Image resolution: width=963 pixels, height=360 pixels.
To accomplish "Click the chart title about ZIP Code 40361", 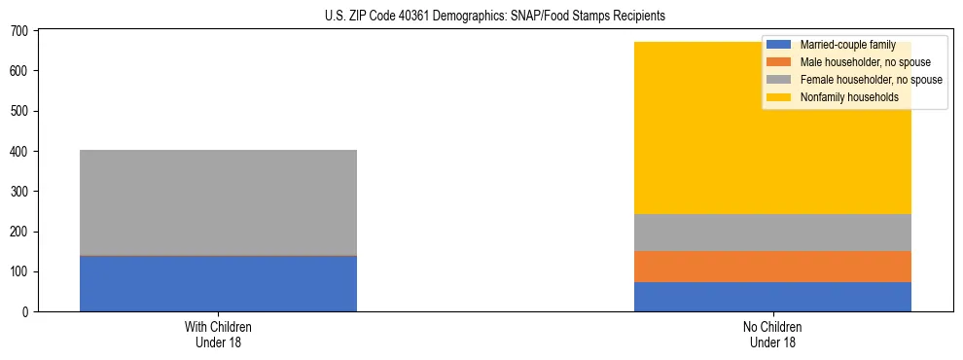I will (481, 17).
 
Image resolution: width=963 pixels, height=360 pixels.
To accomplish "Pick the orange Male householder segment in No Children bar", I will (772, 267).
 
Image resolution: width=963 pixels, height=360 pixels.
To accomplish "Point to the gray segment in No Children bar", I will (772, 233).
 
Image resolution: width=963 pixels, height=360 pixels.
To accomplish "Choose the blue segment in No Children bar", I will (772, 297).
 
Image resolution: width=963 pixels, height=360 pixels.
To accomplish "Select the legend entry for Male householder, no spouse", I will (856, 62).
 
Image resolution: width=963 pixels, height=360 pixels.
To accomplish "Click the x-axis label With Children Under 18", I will (218, 335).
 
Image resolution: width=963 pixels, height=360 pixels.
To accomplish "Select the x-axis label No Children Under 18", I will (772, 335).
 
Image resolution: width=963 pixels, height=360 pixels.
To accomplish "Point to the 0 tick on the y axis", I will (27, 312).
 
